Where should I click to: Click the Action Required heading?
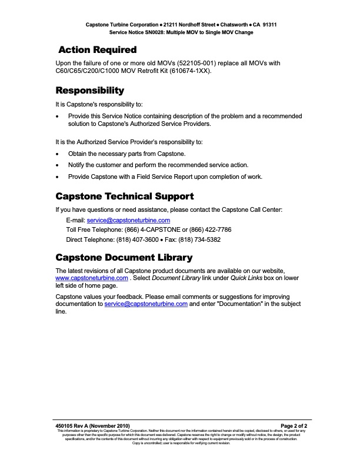point(98,49)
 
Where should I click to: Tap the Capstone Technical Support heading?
point(124,196)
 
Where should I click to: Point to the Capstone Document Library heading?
point(124,258)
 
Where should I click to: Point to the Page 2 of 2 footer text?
point(294,425)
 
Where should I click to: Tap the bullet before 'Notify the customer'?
point(56,165)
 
